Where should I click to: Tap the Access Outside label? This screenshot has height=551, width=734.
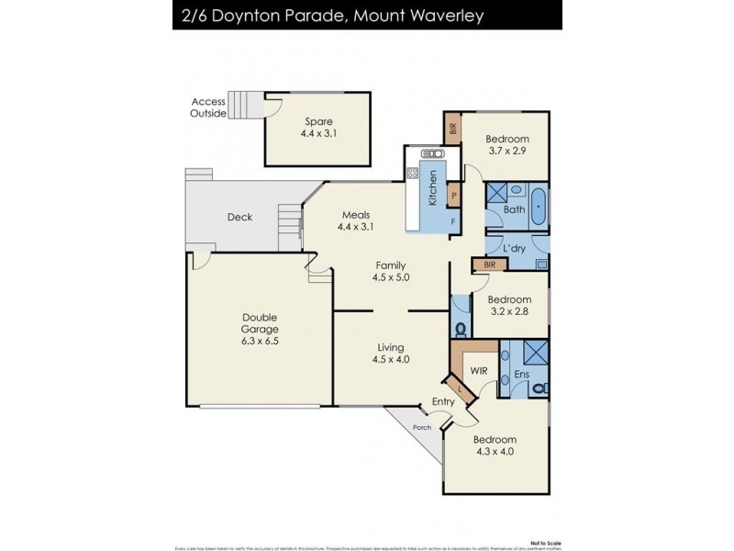(207, 107)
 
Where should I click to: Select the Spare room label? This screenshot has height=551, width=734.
(319, 127)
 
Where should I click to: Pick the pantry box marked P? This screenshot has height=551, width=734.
(452, 196)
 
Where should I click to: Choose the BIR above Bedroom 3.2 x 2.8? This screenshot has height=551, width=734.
(490, 264)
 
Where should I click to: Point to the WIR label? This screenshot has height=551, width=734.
(478, 371)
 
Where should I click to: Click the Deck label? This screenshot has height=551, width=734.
(240, 218)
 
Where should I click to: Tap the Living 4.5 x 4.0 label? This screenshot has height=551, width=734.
(391, 353)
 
